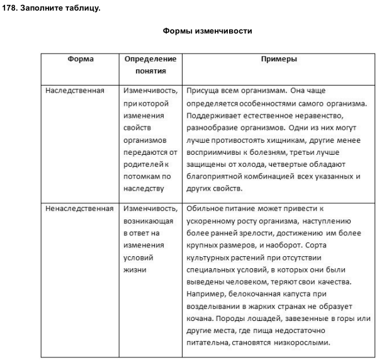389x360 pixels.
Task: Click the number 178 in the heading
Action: point(10,8)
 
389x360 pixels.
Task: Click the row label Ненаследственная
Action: point(79,208)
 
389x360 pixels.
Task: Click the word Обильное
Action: point(205,208)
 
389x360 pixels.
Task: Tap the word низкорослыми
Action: point(303,343)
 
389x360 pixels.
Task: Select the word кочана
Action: point(200,318)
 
